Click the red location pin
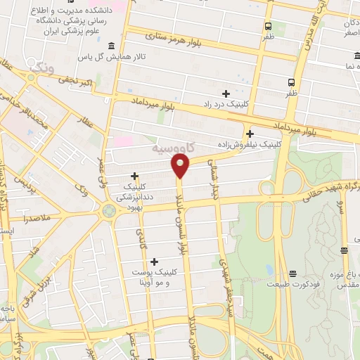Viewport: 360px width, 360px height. (180, 165)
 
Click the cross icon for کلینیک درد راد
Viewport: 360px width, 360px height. (226, 94)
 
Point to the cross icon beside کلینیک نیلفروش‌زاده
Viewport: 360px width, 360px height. (250, 133)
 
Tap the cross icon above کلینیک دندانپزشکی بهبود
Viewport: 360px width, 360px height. (135, 176)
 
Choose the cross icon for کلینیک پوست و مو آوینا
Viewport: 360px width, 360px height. (154, 262)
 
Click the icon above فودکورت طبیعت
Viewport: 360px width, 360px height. (292, 274)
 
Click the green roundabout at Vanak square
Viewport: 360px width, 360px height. (109, 210)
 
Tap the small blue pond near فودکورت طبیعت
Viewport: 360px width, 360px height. (270, 270)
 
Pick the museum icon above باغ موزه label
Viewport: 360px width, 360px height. (345, 250)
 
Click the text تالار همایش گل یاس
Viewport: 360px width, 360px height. (102, 56)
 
